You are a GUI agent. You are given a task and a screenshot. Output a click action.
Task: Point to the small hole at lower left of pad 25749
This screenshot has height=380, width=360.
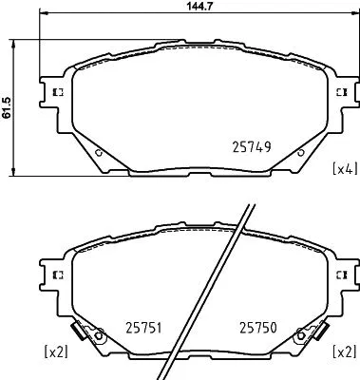click(100, 151)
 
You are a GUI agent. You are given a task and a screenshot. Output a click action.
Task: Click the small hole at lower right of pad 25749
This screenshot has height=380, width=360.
click(301, 151)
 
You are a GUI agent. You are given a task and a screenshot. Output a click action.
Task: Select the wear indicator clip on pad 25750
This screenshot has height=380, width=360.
click(307, 335)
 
